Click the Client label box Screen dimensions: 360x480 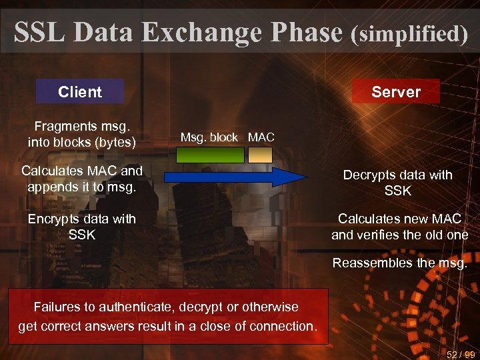click(80, 92)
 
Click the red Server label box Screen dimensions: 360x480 click(396, 92)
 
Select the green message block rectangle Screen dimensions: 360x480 click(210, 155)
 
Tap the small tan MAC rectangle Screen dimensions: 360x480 click(261, 155)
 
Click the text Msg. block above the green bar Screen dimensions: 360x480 click(209, 137)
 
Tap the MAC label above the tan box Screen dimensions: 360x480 click(261, 137)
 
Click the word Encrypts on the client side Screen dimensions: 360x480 click(54, 219)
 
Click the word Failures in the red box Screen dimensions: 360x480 click(57, 307)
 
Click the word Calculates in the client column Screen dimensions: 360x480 click(51, 171)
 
